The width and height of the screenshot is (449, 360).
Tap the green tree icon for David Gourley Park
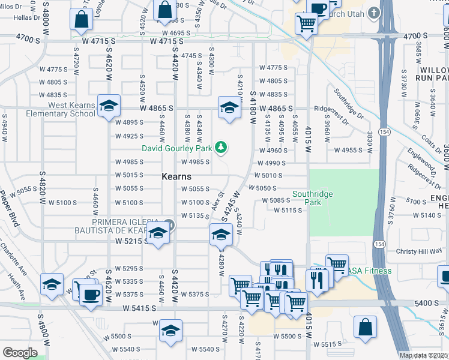[221, 147]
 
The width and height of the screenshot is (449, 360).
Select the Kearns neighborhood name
[176, 176]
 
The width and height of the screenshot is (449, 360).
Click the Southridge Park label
[312, 198]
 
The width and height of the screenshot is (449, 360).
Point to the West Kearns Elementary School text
[71, 109]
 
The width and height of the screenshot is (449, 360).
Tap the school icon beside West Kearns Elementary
[109, 106]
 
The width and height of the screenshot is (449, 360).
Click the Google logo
[20, 352]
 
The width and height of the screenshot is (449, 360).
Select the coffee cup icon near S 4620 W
[91, 294]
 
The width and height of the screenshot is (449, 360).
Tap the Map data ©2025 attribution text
[424, 355]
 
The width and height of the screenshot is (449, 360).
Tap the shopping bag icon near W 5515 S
[365, 328]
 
